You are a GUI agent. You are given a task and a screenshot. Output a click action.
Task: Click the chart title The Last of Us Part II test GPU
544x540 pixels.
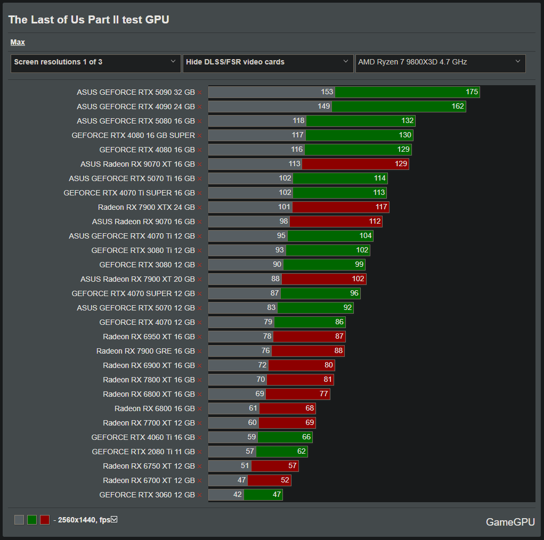[88, 20]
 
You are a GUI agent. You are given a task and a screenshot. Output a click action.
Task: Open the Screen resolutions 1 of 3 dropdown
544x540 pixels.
[95, 62]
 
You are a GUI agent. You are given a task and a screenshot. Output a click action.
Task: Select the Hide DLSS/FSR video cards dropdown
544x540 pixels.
[267, 62]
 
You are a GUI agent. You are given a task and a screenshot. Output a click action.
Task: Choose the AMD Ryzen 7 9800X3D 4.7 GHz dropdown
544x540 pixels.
[440, 62]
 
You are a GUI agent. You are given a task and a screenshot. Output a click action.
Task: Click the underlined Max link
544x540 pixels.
[18, 42]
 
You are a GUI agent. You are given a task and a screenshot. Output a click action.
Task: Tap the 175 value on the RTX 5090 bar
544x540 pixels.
[472, 92]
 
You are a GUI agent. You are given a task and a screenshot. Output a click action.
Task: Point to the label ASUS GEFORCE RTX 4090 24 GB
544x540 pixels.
[135, 107]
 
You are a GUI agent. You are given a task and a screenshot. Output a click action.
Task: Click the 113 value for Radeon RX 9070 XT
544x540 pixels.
[295, 164]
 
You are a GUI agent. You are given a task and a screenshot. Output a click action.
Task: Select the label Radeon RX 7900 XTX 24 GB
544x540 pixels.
[146, 207]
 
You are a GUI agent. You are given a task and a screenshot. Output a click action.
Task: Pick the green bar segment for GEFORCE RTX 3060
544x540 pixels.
[263, 495]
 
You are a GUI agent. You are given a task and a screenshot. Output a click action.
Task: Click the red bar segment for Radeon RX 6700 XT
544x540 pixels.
[269, 480]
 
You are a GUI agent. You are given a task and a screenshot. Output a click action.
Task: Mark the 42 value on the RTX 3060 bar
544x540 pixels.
[237, 495]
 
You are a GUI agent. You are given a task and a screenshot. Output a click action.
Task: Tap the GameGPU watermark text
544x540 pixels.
[510, 522]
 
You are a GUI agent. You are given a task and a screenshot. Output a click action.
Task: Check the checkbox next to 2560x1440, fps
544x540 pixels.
[113, 519]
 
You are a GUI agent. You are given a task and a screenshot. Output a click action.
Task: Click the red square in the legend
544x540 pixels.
[45, 520]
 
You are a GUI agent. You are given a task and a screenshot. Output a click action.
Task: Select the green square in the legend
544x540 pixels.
[32, 520]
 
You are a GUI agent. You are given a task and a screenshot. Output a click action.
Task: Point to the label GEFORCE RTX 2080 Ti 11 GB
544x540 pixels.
[143, 452]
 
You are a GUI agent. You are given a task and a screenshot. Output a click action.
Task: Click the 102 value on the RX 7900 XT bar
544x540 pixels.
[358, 279]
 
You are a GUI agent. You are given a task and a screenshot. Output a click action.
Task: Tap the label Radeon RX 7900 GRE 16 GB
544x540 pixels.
[145, 351]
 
